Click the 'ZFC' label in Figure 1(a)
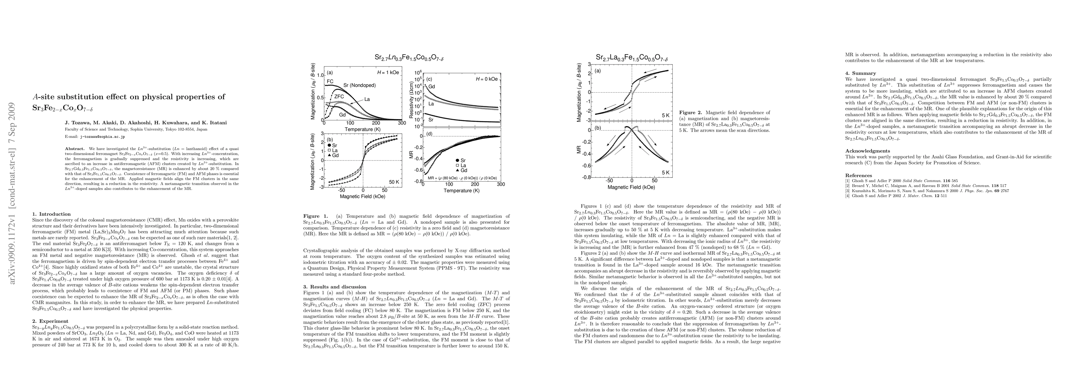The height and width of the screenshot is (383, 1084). (339, 96)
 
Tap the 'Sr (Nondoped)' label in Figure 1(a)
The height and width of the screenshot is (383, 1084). (360, 85)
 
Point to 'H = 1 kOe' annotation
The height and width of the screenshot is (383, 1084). (388, 72)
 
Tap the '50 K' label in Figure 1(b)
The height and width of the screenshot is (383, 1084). (394, 182)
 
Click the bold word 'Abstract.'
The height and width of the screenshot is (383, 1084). (74, 149)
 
